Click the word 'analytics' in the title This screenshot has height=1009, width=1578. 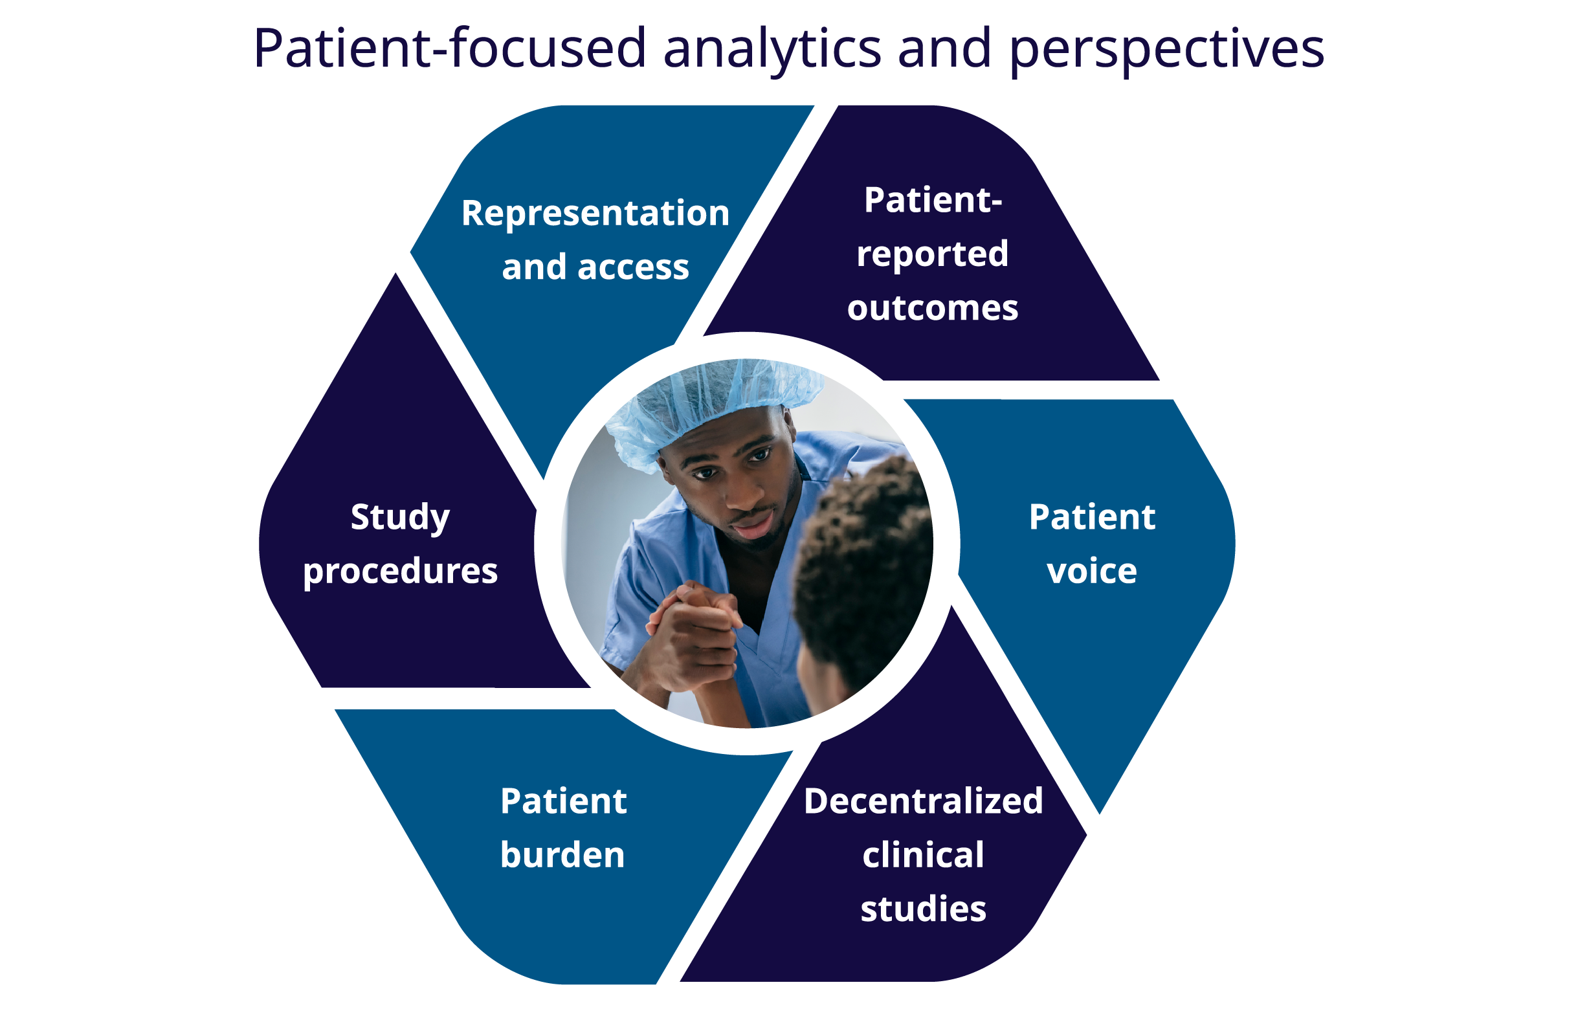pos(772,50)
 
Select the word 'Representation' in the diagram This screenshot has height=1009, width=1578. pos(595,214)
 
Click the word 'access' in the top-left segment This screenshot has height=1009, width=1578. pos(633,268)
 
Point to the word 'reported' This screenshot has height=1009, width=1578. pos(933,254)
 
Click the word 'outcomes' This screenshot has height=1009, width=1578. pos(933,308)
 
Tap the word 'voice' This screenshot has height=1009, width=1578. pos(1092,571)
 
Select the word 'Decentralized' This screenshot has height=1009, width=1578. pos(924,801)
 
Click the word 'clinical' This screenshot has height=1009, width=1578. pos(924,855)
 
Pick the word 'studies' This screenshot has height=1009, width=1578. pos(924,909)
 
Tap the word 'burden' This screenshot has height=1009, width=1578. pos(563,855)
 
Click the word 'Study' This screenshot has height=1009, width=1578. pos(401,518)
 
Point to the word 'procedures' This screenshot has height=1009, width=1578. pos(401,572)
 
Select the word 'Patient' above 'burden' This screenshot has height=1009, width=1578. pos(564,801)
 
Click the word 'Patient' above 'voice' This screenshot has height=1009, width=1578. pos(1092,517)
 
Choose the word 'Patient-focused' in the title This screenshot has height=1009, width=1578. pos(450,49)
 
